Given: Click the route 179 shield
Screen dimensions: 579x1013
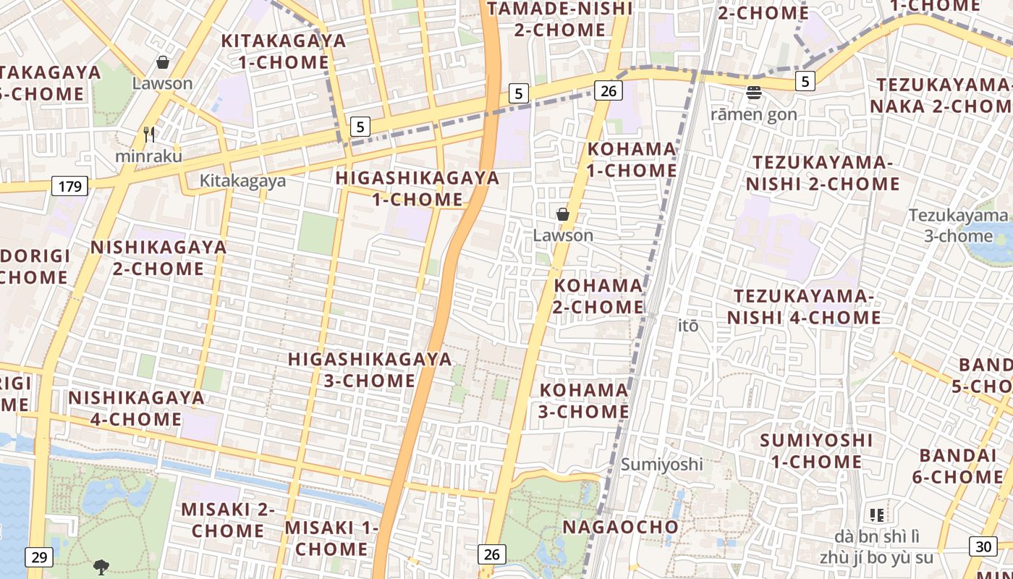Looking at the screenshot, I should (69, 187).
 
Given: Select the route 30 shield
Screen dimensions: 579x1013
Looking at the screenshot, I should (982, 547).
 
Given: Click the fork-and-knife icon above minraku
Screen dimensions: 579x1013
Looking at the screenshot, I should (149, 135).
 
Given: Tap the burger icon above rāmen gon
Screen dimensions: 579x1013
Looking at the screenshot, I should (754, 93).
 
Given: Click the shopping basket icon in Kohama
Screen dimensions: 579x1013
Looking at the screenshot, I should (562, 214).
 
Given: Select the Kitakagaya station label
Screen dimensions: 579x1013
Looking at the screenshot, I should (243, 181).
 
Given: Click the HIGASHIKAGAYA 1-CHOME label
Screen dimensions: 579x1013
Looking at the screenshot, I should (418, 188).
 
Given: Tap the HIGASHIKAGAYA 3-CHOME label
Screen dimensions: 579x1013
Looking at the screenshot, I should (370, 369).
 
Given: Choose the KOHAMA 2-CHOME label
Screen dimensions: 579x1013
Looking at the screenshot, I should (598, 296).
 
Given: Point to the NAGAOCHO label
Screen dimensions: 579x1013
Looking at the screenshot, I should (621, 527).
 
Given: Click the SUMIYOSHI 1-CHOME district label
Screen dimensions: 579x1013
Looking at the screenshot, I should (815, 451).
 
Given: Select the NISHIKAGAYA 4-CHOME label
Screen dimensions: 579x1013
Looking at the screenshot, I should (136, 408).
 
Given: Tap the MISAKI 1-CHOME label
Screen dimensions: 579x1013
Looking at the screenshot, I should (331, 538).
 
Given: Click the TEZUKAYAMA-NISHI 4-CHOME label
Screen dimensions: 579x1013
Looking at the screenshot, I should (804, 307).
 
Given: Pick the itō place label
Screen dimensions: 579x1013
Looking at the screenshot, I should (689, 326).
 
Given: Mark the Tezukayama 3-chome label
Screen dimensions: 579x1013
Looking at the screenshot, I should (958, 225).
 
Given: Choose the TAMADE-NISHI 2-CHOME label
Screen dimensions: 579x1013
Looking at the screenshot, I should (559, 20).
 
